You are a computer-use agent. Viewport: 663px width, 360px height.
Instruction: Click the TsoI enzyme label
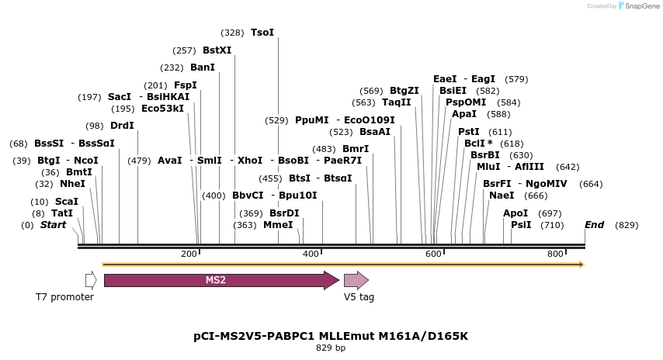click(x=262, y=33)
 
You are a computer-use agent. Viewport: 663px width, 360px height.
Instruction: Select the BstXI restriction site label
click(x=217, y=50)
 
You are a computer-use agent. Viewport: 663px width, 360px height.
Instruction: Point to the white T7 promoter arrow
click(x=91, y=280)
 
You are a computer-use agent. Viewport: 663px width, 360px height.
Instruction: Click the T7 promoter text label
click(x=64, y=297)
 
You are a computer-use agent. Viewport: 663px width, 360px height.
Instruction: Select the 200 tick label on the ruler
click(x=189, y=254)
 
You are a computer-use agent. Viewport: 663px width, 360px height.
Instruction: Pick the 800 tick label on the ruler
click(x=555, y=254)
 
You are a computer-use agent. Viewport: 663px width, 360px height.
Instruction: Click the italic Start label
click(x=54, y=225)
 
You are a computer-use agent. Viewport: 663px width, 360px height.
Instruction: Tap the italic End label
click(x=594, y=225)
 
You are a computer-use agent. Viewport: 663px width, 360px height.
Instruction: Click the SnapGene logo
click(x=639, y=6)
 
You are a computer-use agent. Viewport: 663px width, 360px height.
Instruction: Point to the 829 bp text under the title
click(x=331, y=348)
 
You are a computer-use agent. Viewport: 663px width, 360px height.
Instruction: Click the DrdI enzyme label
click(x=122, y=126)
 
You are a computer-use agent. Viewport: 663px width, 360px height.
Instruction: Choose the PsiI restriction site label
click(x=521, y=225)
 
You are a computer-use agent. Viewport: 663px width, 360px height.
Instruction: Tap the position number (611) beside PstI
click(x=501, y=132)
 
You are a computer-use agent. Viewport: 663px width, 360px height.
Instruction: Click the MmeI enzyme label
click(x=278, y=225)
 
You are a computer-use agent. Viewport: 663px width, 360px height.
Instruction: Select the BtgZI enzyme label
click(x=404, y=91)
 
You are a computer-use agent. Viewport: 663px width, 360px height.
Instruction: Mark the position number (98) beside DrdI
click(x=95, y=126)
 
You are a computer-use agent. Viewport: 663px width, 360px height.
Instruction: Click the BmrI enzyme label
click(x=356, y=149)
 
